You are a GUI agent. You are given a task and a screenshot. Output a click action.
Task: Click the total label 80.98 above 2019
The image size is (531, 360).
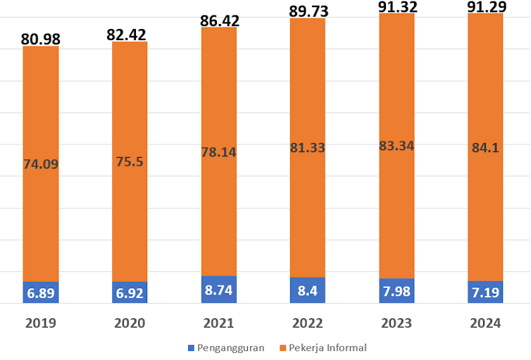click(x=41, y=38)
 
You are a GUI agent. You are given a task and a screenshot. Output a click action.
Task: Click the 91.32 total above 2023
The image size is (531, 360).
click(x=396, y=6)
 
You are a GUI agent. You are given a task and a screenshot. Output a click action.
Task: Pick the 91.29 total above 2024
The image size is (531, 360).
click(x=485, y=6)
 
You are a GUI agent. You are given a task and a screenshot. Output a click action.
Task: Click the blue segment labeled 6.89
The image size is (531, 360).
click(x=41, y=292)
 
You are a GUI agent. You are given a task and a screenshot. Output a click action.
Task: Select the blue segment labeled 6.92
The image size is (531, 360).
click(x=130, y=292)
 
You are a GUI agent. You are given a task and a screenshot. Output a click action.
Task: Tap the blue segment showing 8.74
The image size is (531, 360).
click(x=219, y=290)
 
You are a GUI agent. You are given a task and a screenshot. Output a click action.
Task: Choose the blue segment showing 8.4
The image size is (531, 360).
click(x=308, y=290)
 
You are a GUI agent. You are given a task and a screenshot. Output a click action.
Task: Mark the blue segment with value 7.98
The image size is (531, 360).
click(x=396, y=291)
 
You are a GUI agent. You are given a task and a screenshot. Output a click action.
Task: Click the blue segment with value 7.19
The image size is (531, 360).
click(x=485, y=292)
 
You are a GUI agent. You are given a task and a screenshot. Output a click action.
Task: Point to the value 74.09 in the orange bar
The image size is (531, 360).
click(x=41, y=165)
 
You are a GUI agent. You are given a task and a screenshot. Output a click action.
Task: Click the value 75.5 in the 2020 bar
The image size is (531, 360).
click(x=130, y=161)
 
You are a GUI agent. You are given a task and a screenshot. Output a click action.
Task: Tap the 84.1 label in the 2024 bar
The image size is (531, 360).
click(x=485, y=147)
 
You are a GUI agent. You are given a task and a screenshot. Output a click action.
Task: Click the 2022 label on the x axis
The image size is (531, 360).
click(x=308, y=323)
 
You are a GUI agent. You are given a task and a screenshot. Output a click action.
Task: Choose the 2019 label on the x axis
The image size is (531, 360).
click(x=41, y=323)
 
